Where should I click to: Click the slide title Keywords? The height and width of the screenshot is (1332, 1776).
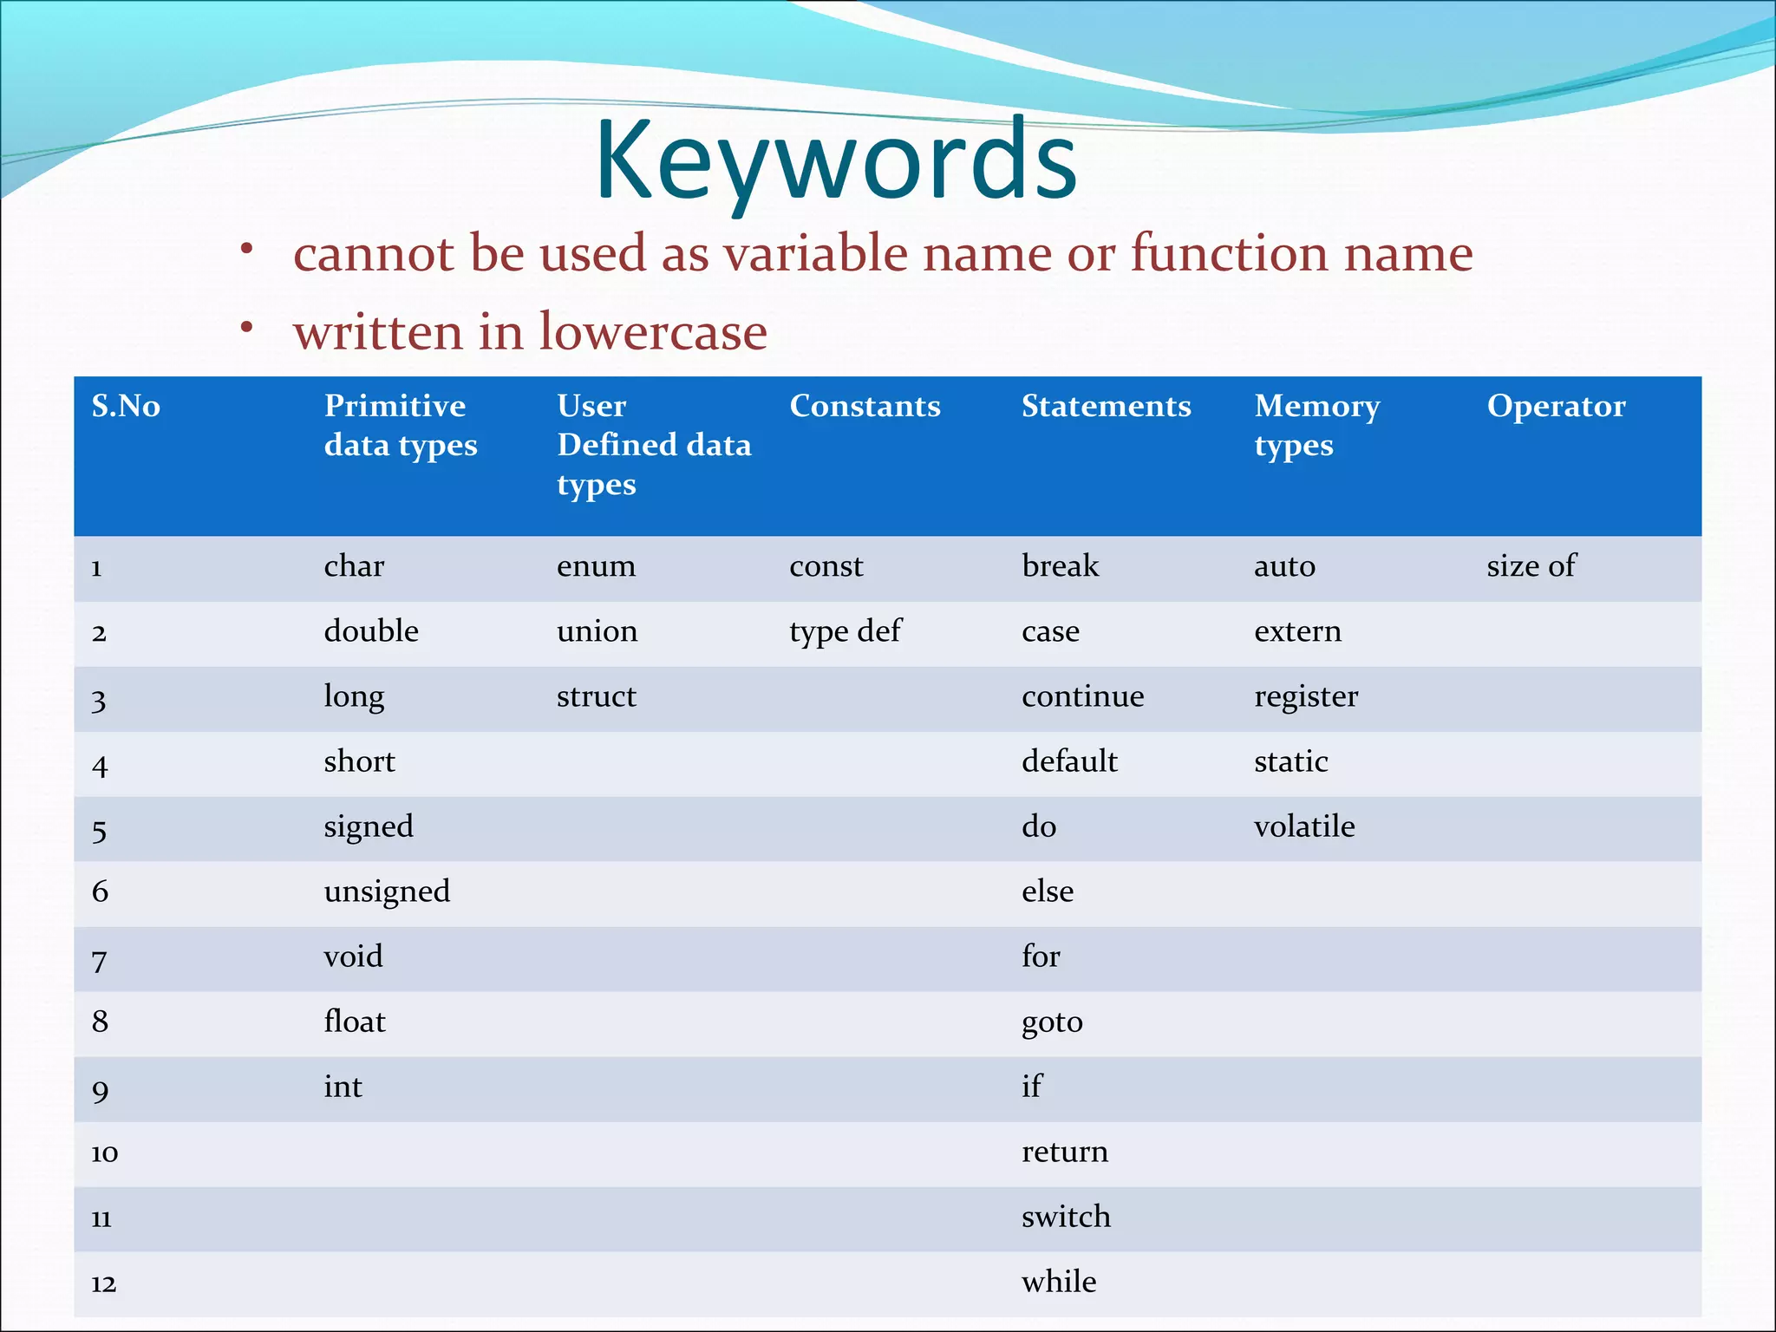pyautogui.click(x=836, y=161)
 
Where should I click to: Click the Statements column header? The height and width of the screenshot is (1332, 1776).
pyautogui.click(x=1106, y=406)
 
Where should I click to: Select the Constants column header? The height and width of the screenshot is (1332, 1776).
pyautogui.click(x=865, y=406)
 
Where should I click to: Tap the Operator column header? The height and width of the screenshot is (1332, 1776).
pyautogui.click(x=1556, y=406)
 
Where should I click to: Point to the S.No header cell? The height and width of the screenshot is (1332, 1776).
pyautogui.click(x=126, y=406)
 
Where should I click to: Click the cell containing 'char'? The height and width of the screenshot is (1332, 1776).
pyautogui.click(x=354, y=566)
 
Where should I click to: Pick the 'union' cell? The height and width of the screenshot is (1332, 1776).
pyautogui.click(x=597, y=631)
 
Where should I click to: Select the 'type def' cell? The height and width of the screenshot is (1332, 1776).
pyautogui.click(x=845, y=631)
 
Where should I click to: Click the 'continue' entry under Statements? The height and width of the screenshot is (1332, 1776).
pyautogui.click(x=1082, y=696)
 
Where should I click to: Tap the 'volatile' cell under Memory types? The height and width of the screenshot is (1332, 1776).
pyautogui.click(x=1304, y=826)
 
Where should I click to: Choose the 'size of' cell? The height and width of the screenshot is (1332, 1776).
pyautogui.click(x=1531, y=566)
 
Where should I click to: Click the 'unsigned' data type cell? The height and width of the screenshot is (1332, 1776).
pyautogui.click(x=387, y=891)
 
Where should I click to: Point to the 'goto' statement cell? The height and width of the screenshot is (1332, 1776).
pyautogui.click(x=1052, y=1022)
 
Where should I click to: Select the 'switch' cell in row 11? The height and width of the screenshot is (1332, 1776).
pyautogui.click(x=1066, y=1217)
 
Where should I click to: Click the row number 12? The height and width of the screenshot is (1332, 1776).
pyautogui.click(x=103, y=1283)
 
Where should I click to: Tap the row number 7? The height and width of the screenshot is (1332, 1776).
pyautogui.click(x=100, y=959)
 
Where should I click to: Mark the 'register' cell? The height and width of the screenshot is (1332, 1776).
pyautogui.click(x=1306, y=696)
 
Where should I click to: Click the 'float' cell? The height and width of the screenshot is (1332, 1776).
pyautogui.click(x=355, y=1022)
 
